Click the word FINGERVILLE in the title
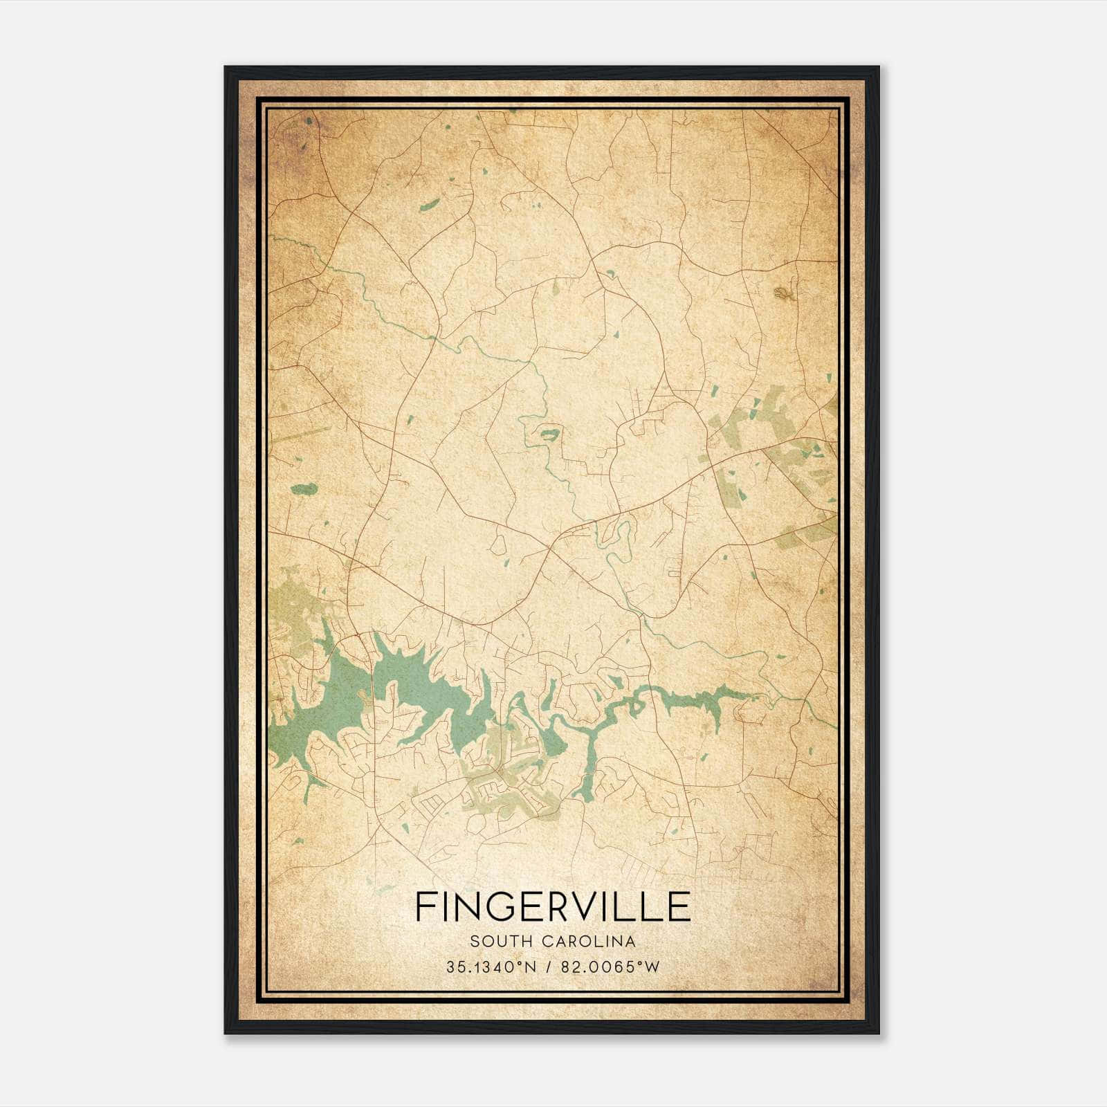(553, 907)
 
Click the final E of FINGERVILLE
(681, 907)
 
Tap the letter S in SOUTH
(474, 942)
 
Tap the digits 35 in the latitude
(455, 967)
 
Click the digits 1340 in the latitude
(493, 967)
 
